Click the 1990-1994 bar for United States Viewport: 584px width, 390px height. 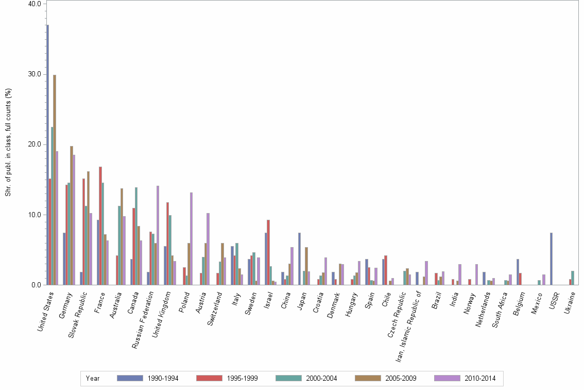[47, 155]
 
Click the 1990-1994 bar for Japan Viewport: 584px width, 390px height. [299, 258]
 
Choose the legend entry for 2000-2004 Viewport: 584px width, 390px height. [306, 378]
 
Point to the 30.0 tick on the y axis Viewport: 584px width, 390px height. [35, 74]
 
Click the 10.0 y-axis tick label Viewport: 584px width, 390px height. [35, 215]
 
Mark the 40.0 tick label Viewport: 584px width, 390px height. [35, 4]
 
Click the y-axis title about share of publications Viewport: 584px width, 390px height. [8, 142]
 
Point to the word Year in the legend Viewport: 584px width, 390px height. [93, 378]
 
